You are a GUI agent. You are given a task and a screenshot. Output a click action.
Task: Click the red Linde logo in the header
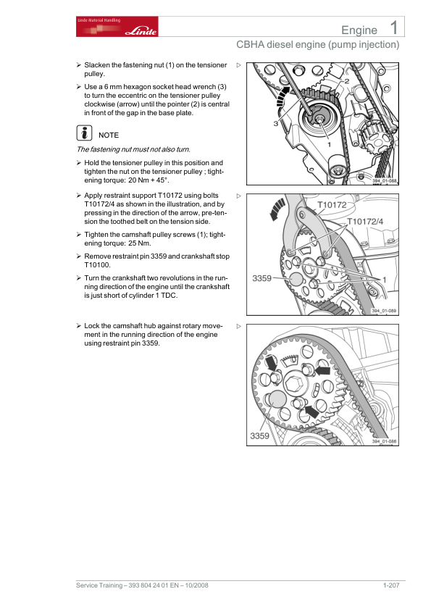[x=117, y=27]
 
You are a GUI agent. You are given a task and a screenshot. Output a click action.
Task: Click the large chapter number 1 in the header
[x=393, y=28]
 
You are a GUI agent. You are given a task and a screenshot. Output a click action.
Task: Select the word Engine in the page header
[x=359, y=30]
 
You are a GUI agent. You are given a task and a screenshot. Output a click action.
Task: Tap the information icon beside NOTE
[x=84, y=133]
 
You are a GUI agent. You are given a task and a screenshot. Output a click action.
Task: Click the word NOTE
[x=109, y=135]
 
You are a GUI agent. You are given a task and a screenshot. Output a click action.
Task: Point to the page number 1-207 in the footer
[x=391, y=585]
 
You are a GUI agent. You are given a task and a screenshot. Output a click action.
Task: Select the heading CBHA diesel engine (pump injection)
[x=318, y=45]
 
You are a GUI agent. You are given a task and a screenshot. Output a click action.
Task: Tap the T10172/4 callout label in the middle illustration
[x=365, y=222]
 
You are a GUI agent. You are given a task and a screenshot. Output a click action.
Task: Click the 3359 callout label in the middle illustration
[x=261, y=278]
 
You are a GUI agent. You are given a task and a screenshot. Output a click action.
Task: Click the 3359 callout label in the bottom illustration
[x=259, y=435]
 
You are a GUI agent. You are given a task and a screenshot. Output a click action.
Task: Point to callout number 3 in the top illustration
[x=275, y=123]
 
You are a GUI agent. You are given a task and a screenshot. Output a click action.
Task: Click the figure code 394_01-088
[x=385, y=181]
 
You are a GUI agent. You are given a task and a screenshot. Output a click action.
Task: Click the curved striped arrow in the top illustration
[x=282, y=96]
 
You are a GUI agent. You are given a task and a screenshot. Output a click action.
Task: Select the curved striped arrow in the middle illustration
[x=277, y=209]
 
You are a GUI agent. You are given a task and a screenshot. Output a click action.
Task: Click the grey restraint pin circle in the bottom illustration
[x=277, y=399]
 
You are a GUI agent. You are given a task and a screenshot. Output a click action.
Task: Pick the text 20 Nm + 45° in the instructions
[x=148, y=180]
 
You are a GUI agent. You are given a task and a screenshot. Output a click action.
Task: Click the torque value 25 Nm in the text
[x=140, y=243]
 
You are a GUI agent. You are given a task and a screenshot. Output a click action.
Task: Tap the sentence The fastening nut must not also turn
[x=133, y=149]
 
